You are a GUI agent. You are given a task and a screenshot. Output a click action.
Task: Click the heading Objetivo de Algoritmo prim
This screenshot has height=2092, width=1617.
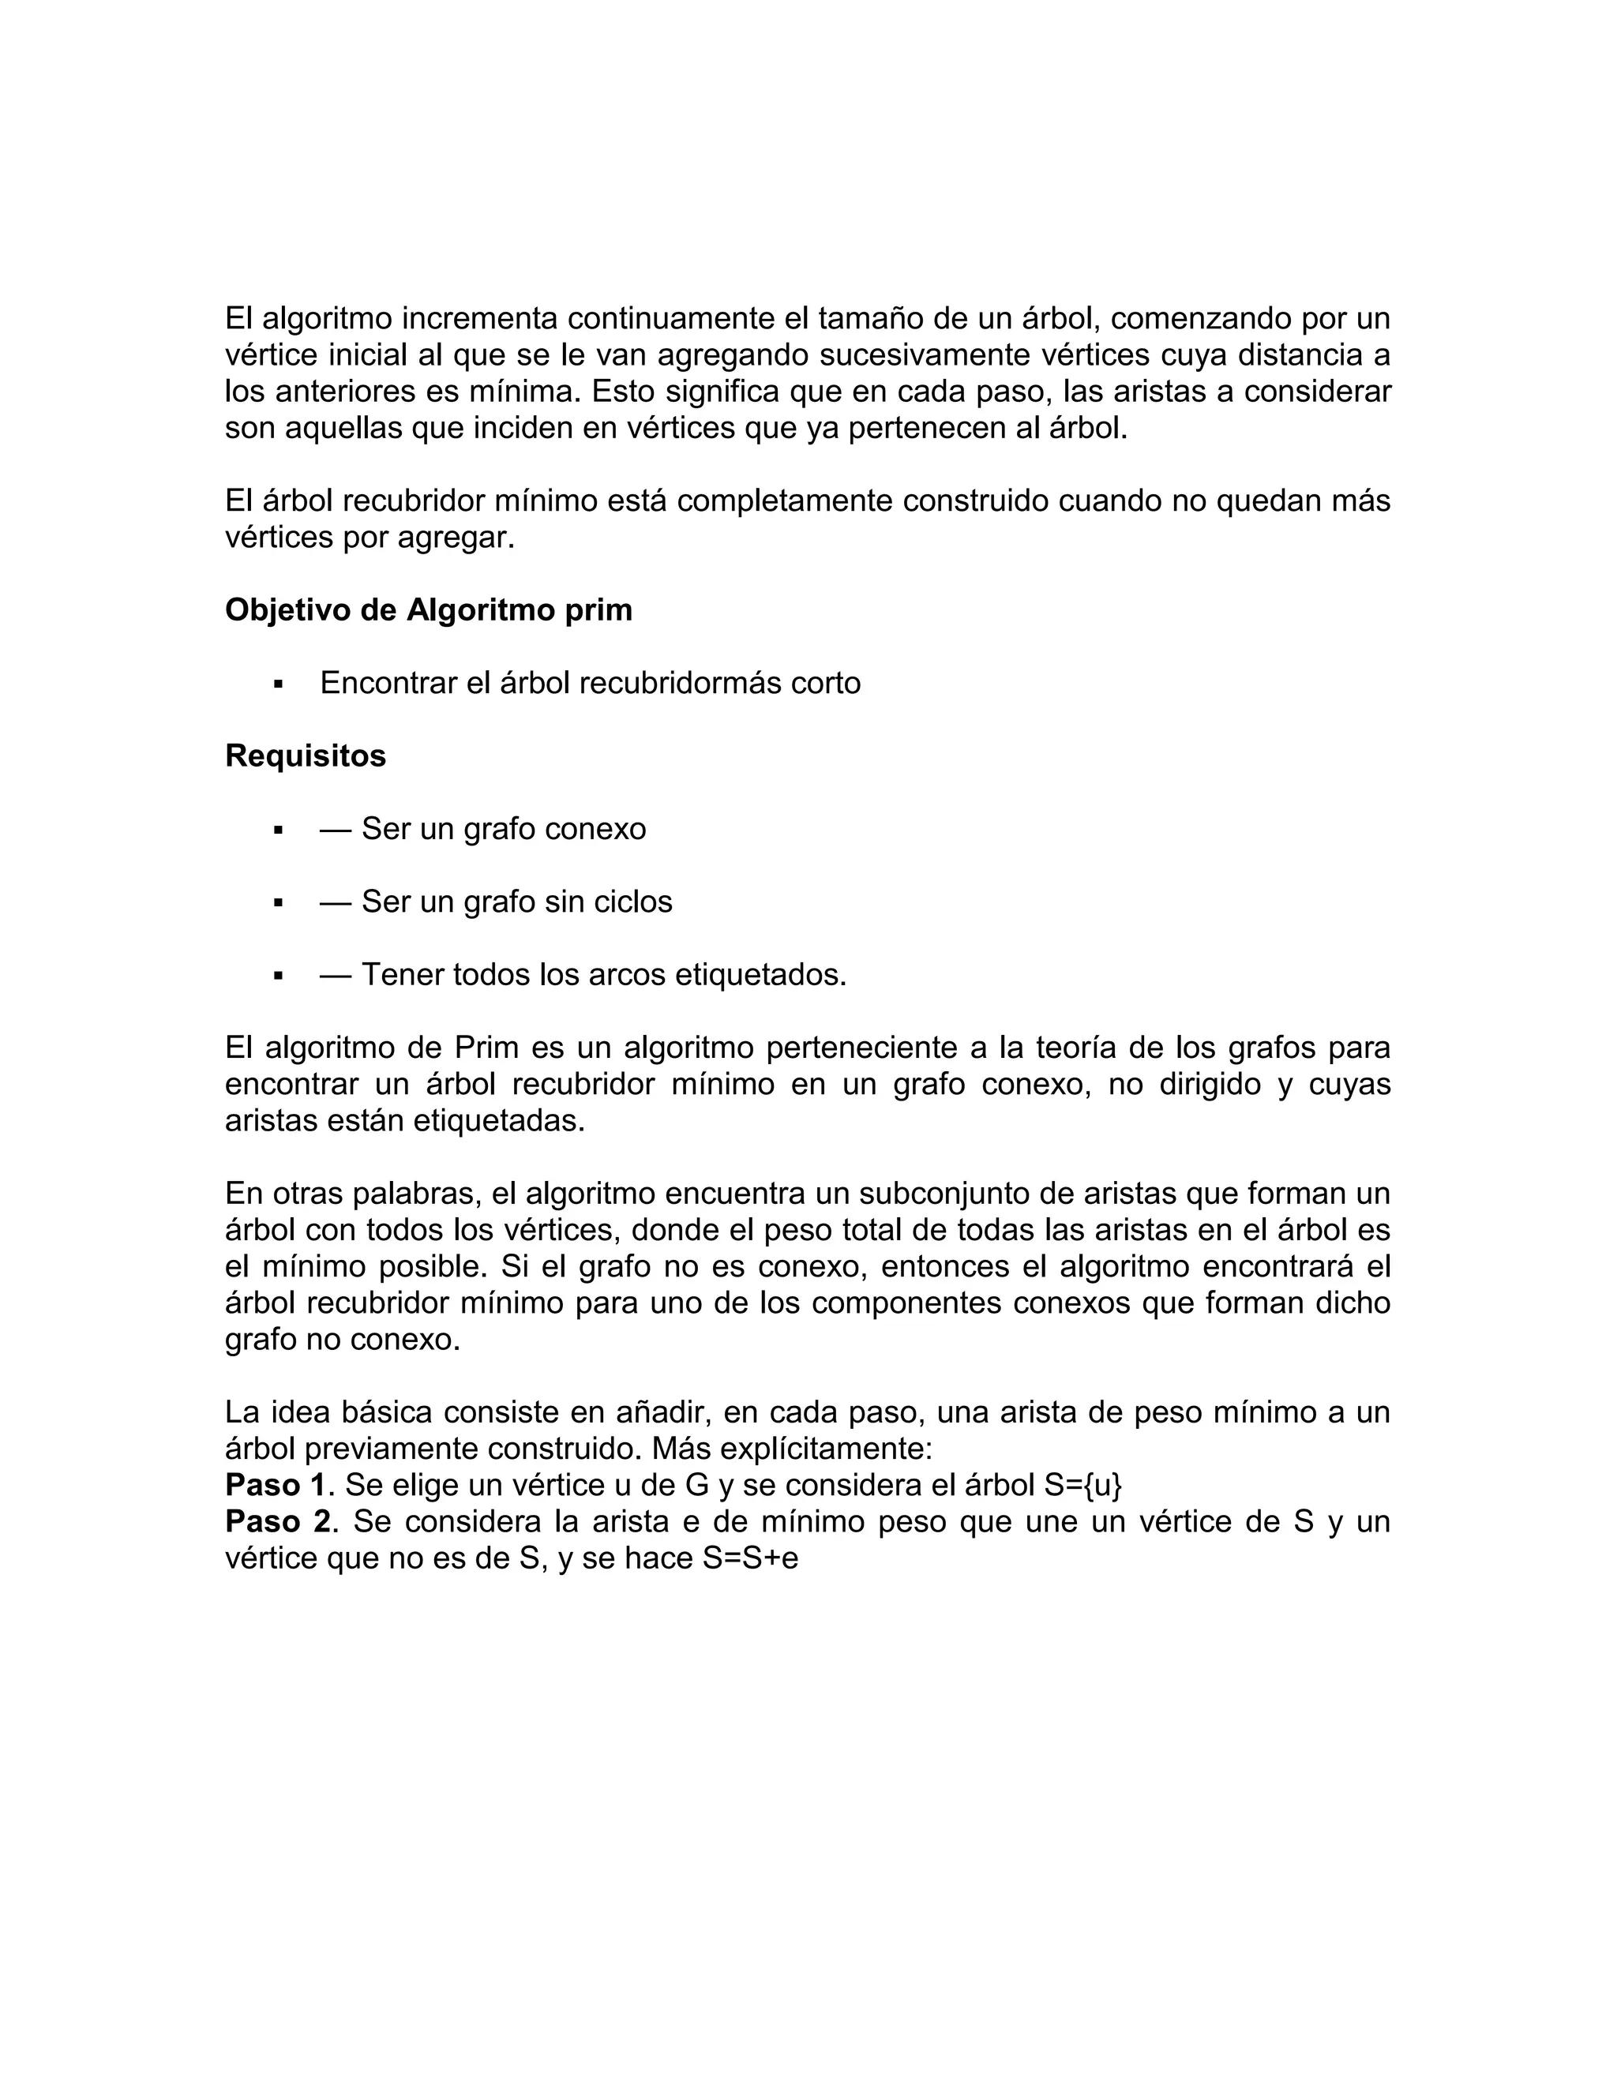click(x=428, y=610)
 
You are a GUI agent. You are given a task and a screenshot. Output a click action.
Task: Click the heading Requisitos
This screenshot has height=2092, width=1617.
click(x=305, y=755)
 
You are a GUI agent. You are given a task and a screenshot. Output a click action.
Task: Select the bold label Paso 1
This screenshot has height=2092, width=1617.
click(x=275, y=1486)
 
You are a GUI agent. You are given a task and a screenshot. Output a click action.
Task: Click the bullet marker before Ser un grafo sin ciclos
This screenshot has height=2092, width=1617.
click(x=279, y=902)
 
